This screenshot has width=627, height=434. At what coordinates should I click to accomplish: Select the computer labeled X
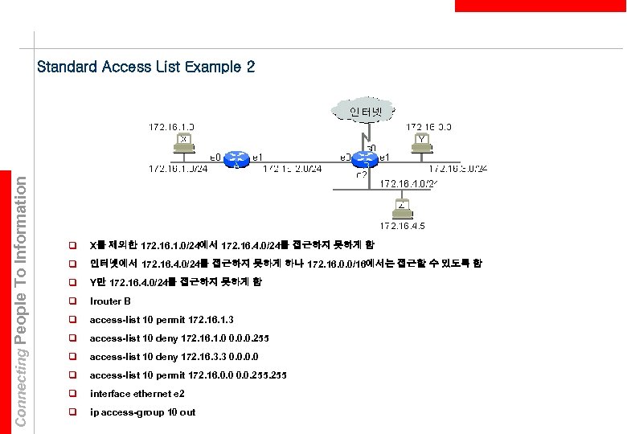point(184,142)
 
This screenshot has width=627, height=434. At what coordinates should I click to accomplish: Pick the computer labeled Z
point(402,209)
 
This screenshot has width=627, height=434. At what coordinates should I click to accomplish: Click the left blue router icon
point(236,158)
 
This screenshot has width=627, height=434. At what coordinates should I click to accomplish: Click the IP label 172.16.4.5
point(402,226)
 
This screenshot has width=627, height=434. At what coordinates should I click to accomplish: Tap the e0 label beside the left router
point(215,158)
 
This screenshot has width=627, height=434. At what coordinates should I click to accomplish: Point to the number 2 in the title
point(250,67)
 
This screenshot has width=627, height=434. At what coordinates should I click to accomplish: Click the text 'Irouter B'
point(110,301)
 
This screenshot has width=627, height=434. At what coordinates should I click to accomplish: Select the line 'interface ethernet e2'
point(137,394)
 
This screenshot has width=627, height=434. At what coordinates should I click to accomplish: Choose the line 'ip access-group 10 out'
point(142,412)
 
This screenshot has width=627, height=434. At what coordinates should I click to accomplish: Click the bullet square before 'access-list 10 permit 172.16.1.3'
point(72,320)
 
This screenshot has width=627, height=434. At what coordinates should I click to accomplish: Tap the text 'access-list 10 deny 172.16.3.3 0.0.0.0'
point(174,357)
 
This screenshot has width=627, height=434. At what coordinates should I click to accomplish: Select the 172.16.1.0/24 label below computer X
point(178,169)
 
